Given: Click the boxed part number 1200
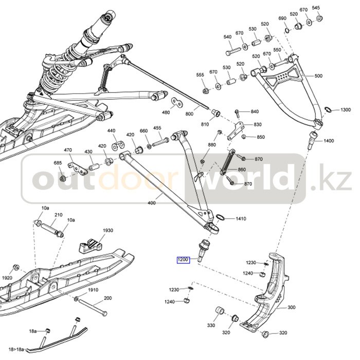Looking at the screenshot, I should (184, 260).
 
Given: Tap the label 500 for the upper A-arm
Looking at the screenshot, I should (318, 76).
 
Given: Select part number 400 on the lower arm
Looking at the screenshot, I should (151, 204).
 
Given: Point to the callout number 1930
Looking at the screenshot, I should (107, 230).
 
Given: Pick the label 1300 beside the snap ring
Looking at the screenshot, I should (345, 110).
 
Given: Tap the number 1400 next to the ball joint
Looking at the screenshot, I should (329, 141).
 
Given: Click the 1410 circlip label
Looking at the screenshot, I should (241, 219).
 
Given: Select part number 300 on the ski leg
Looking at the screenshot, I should (291, 308).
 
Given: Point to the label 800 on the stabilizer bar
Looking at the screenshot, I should (189, 113).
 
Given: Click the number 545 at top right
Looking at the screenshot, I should (316, 8).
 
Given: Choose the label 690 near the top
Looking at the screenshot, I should (282, 19).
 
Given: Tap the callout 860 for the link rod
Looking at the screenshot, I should (242, 170).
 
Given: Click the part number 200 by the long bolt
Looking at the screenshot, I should (107, 298).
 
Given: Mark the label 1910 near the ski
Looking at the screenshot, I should (93, 290).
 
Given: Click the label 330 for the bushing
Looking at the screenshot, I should (211, 326).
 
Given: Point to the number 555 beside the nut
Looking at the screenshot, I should (200, 75).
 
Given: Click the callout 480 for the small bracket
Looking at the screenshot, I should (166, 113).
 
